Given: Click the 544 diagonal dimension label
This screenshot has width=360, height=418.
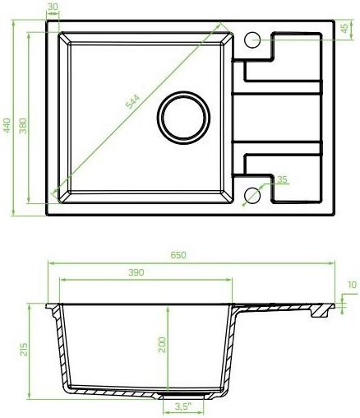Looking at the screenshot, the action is pyautogui.click(x=132, y=101).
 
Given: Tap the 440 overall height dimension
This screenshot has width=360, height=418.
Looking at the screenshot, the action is pyautogui.click(x=7, y=125).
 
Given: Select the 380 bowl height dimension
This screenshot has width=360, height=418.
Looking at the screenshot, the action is pyautogui.click(x=23, y=126).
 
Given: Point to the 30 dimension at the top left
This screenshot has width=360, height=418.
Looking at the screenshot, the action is pyautogui.click(x=53, y=7).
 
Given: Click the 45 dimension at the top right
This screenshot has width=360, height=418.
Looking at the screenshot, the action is pyautogui.click(x=345, y=28).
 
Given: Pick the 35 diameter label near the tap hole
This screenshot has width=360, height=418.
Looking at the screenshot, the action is pyautogui.click(x=282, y=179).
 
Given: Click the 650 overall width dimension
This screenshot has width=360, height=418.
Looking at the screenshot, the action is pyautogui.click(x=178, y=255).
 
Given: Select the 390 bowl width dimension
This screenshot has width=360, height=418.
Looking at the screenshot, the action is pyautogui.click(x=136, y=272).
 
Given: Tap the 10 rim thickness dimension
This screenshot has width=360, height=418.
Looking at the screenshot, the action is pyautogui.click(x=353, y=285).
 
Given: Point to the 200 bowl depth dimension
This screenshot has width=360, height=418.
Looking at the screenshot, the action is pyautogui.click(x=162, y=345).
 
